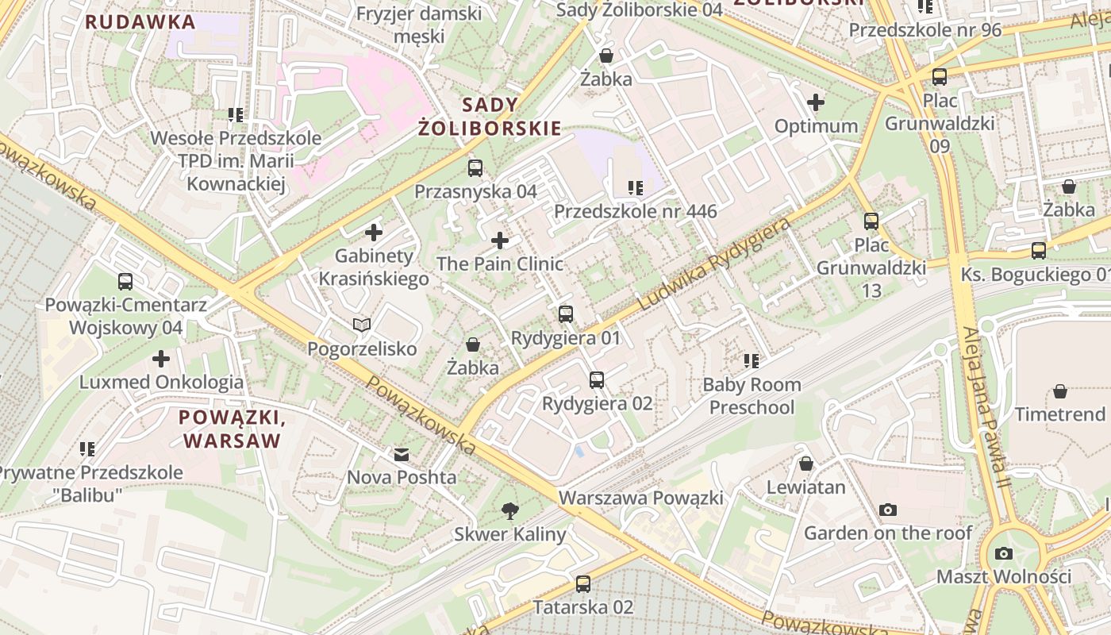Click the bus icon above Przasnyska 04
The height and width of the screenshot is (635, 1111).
[475, 168]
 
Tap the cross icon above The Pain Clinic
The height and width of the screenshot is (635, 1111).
[500, 241]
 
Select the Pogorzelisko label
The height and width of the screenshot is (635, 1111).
[362, 349]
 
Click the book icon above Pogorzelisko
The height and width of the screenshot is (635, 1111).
[362, 325]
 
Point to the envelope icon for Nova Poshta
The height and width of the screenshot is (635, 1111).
[402, 455]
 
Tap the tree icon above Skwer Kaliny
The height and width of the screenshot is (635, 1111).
[510, 511]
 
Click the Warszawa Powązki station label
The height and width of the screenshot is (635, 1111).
[640, 498]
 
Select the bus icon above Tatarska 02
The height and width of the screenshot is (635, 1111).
[583, 584]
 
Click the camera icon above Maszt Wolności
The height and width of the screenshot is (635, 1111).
[1004, 553]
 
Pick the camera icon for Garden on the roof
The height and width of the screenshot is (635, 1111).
[888, 510]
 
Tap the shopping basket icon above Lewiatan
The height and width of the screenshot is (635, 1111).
[806, 464]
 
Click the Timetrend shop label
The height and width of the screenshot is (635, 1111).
[1059, 414]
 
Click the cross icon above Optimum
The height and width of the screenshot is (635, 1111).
[816, 102]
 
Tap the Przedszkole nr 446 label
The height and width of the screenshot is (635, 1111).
[635, 211]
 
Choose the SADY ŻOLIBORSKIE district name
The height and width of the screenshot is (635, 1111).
[490, 117]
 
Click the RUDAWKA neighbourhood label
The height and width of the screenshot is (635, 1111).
[140, 22]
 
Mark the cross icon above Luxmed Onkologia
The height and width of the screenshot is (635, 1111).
[161, 359]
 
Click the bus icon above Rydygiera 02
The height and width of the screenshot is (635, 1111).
[597, 380]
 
